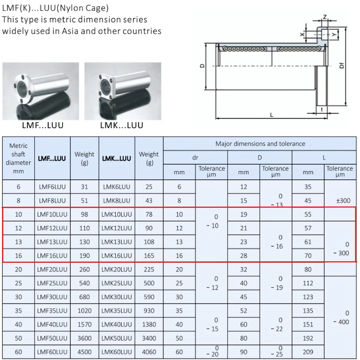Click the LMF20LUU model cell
[x=52, y=269]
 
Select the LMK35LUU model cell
[x=117, y=311]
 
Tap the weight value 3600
[x=84, y=338]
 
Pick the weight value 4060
[x=149, y=352]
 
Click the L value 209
[x=308, y=352]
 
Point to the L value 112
[x=308, y=283]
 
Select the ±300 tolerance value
[x=343, y=201]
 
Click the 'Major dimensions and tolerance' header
[x=260, y=144]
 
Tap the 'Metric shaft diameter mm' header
[x=18, y=158]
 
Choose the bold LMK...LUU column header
[x=117, y=158]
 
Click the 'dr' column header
[x=195, y=157]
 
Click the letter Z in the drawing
[x=325, y=17]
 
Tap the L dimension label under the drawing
[x=271, y=115]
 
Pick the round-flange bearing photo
[x=41, y=91]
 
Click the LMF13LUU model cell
[x=52, y=242]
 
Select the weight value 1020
[x=84, y=311]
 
